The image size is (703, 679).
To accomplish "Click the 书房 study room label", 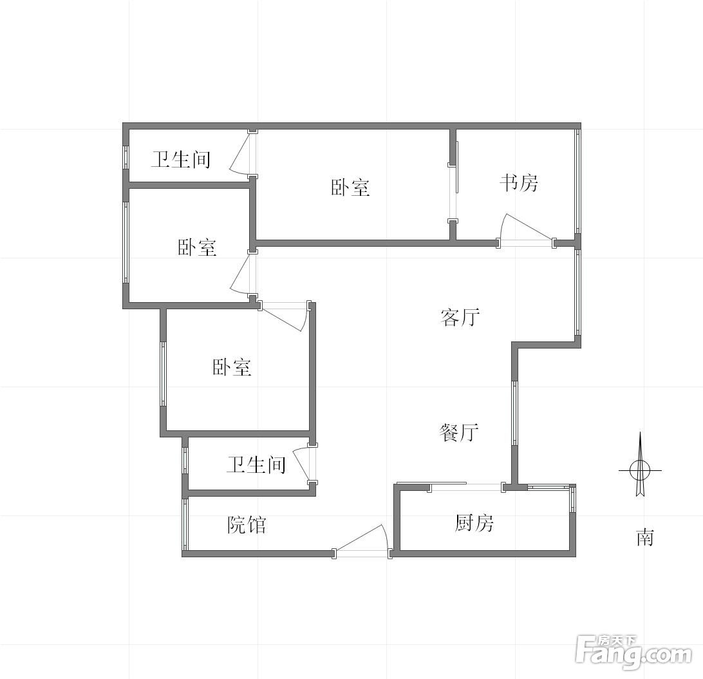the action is click(x=519, y=183).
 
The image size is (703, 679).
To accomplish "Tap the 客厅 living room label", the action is click(x=460, y=318).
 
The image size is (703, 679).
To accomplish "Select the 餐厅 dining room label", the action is click(x=459, y=433).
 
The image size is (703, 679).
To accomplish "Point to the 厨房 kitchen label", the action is click(x=474, y=523).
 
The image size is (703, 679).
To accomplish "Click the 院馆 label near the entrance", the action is click(x=247, y=524).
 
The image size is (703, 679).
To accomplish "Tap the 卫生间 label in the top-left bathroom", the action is click(x=181, y=159).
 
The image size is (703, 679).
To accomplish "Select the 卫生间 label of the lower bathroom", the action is click(x=256, y=464).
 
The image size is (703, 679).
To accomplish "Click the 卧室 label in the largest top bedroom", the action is click(x=351, y=187).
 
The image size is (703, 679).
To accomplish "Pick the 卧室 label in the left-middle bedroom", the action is click(x=197, y=247).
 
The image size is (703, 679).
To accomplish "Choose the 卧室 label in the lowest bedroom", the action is click(x=232, y=367).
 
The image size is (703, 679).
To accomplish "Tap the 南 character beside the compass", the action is click(x=645, y=537).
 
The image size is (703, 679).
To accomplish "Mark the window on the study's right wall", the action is click(x=578, y=181).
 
